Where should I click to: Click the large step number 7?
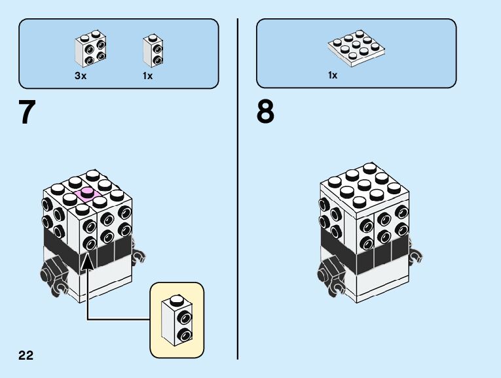(27, 112)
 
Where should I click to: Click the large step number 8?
(265, 112)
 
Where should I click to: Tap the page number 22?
(26, 356)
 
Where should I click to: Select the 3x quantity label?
(81, 76)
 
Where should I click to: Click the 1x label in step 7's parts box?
(147, 76)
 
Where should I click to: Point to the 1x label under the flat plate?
(333, 75)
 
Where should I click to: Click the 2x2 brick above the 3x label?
(90, 48)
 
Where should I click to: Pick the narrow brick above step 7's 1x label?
(153, 50)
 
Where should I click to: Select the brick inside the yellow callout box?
(177, 320)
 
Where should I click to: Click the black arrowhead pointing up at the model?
(86, 260)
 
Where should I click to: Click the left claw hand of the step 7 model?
(53, 273)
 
